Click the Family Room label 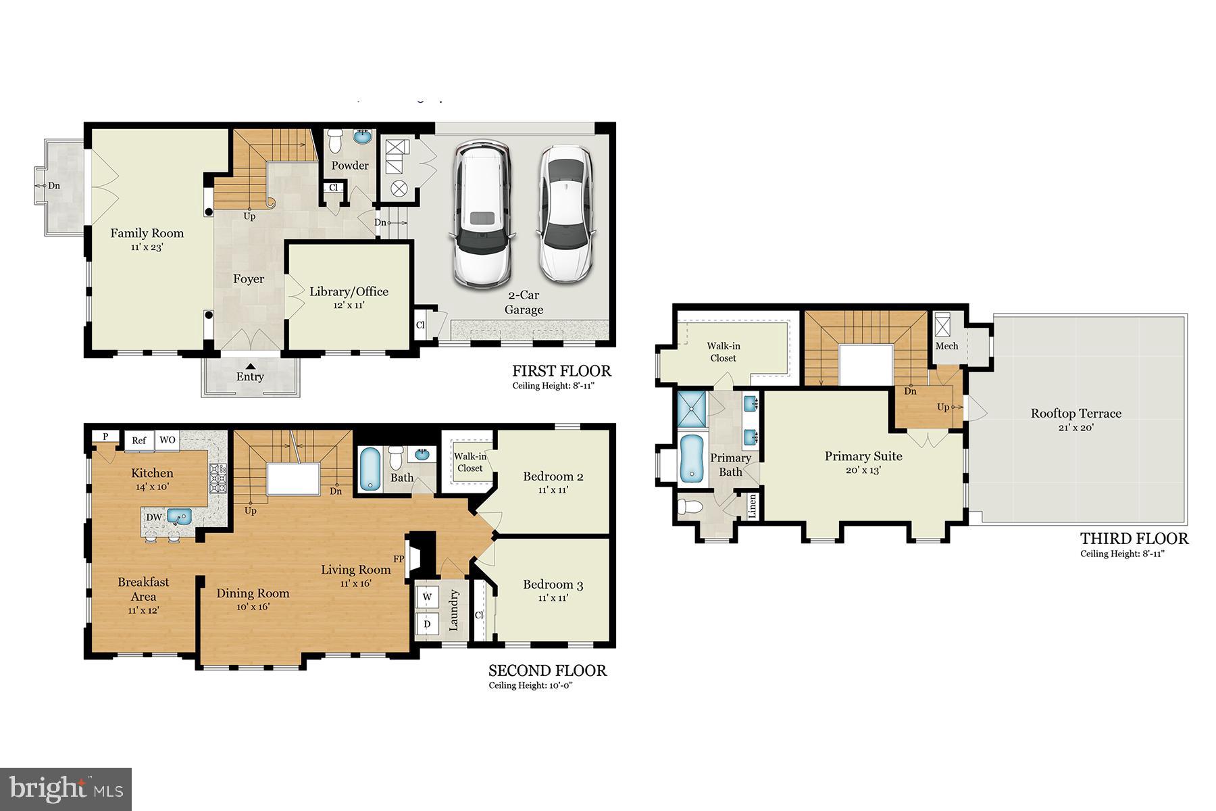click(x=147, y=233)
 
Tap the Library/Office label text click(x=349, y=292)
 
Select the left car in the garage click(x=481, y=214)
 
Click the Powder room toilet click(x=335, y=141)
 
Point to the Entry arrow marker click(x=250, y=366)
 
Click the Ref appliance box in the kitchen click(x=138, y=441)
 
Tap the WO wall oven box click(x=167, y=440)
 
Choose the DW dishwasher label click(x=153, y=518)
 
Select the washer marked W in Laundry click(x=427, y=597)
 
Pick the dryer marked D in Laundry click(x=427, y=624)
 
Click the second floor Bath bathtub click(x=370, y=469)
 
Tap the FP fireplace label click(x=399, y=559)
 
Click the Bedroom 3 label click(x=553, y=585)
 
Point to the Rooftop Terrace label click(x=1075, y=414)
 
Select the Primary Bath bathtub click(x=691, y=458)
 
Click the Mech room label click(x=946, y=346)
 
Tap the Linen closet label click(x=753, y=506)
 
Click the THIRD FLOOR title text click(x=1134, y=539)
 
